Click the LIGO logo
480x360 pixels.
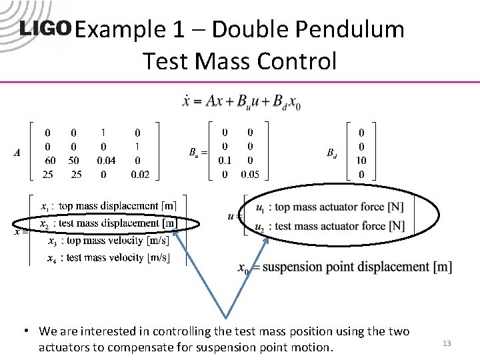pyautogui.click(x=45, y=29)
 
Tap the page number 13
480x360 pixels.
pyautogui.click(x=447, y=343)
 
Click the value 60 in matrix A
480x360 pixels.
pyautogui.click(x=49, y=161)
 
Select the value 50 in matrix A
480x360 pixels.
pyautogui.click(x=74, y=161)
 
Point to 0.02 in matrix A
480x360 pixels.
pyautogui.click(x=139, y=175)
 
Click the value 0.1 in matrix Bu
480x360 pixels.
pyautogui.click(x=225, y=161)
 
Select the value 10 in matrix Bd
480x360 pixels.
pyautogui.click(x=361, y=161)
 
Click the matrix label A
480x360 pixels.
pyautogui.click(x=17, y=153)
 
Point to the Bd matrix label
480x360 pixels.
pyautogui.click(x=331, y=153)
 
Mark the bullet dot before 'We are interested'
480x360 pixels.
pyautogui.click(x=24, y=331)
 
